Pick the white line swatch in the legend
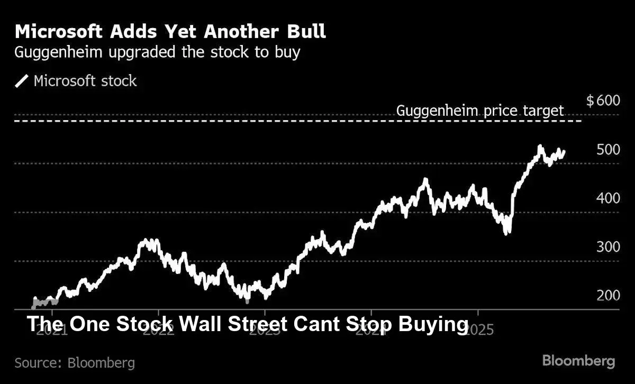22,81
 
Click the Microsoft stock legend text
85,81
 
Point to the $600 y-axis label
603,101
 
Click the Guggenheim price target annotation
480,111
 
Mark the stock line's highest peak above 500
540,147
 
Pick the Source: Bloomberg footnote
75,363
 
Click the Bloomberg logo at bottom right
578,361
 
